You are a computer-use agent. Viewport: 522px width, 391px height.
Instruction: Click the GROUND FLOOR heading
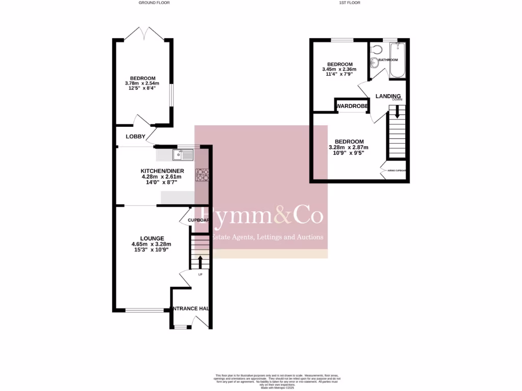154,3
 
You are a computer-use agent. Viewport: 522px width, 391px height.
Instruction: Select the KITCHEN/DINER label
162,171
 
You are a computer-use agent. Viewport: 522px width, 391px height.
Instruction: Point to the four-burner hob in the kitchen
202,175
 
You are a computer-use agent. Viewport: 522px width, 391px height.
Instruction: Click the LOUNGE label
152,238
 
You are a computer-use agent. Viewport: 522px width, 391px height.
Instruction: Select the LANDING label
388,96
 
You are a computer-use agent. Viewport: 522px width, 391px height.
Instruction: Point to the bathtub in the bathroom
398,60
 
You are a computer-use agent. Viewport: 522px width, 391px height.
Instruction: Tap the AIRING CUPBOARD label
397,171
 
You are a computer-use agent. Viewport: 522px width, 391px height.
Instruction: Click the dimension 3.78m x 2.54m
142,83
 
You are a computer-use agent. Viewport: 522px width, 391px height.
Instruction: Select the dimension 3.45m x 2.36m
339,69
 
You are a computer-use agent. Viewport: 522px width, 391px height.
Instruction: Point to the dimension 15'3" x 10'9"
150,249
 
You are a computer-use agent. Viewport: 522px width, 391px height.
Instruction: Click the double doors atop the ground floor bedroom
144,35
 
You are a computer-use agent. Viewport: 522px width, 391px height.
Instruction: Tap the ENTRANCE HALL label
191,309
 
